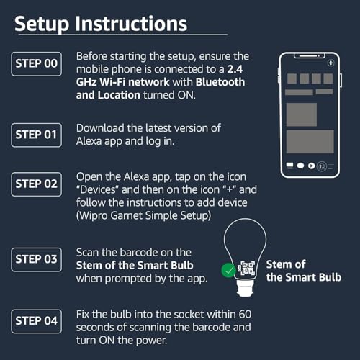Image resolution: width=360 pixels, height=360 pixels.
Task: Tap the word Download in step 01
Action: click(101, 128)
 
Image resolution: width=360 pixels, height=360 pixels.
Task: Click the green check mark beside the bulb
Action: click(228, 271)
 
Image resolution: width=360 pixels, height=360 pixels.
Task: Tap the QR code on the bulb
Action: click(248, 269)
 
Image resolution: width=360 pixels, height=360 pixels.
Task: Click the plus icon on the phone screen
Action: click(330, 63)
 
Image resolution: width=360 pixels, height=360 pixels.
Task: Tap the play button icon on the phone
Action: click(311, 166)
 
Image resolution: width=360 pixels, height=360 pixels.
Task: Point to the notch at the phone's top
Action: click(310, 55)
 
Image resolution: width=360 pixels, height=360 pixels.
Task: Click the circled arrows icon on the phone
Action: click(322, 166)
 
